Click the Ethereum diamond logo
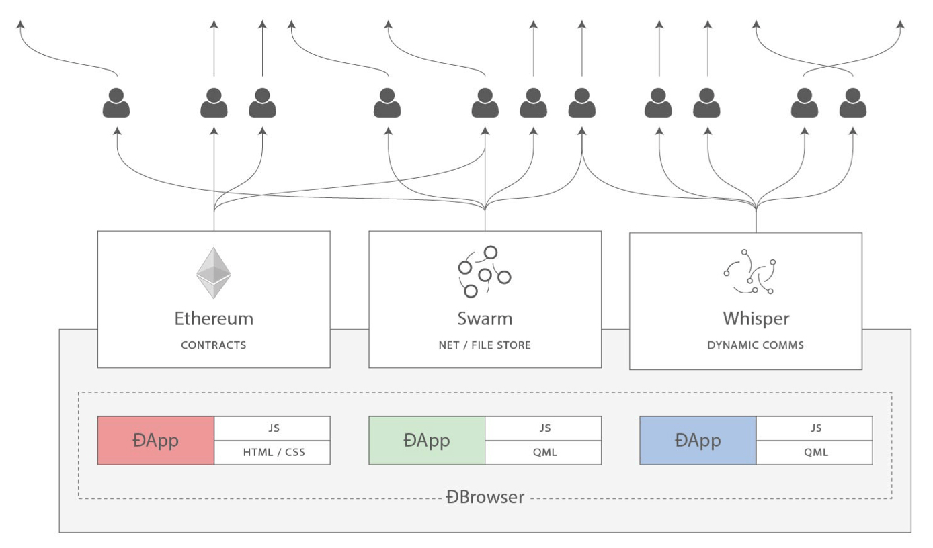tap(213, 273)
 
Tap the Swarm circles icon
tap(484, 271)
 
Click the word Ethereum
tap(214, 318)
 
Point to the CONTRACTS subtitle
tap(214, 345)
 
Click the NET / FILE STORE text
tap(485, 345)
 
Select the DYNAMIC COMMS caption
tap(756, 345)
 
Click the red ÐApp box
tap(156, 441)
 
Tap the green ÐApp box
tap(427, 441)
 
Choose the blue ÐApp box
tap(698, 441)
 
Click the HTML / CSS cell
tap(273, 453)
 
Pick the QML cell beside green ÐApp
tap(543, 453)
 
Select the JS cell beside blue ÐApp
tap(815, 428)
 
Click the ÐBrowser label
tap(485, 498)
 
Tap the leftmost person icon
tap(116, 103)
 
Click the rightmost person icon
tap(853, 103)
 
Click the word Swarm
tap(485, 318)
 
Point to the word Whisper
tap(756, 318)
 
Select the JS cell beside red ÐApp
tap(273, 428)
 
